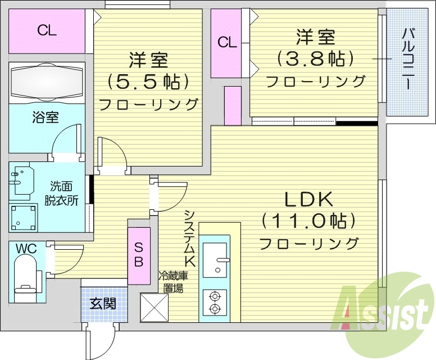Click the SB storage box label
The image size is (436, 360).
tap(138, 254)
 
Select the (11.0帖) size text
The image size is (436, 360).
tap(308, 221)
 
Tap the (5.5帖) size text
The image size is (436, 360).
tap(148, 82)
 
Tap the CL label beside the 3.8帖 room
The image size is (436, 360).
tap(226, 42)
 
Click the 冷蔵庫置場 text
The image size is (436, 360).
tap(172, 282)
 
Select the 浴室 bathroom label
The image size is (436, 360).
tap(46, 118)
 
